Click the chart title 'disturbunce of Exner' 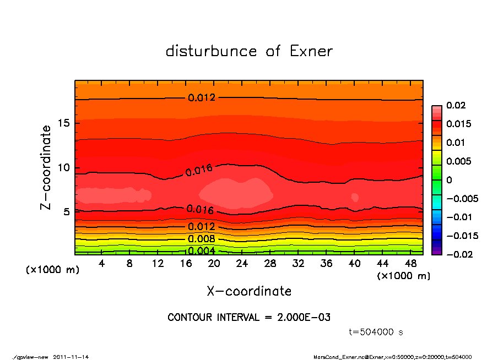[x=249, y=51]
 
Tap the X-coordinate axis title [x=249, y=291]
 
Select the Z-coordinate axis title [x=46, y=167]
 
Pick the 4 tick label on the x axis [x=102, y=264]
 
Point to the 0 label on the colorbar [x=450, y=180]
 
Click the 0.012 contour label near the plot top [x=202, y=98]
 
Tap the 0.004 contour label [x=202, y=251]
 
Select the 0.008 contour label [x=202, y=239]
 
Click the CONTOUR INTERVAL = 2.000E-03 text [x=249, y=318]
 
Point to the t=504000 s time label [x=376, y=332]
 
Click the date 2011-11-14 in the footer [x=71, y=357]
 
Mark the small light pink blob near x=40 [x=355, y=197]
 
